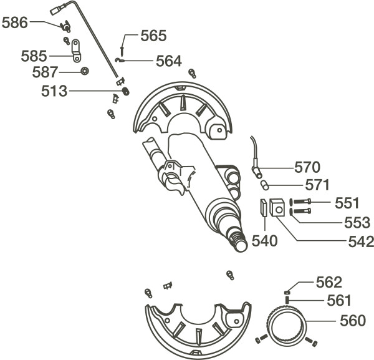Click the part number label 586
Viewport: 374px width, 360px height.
click(x=15, y=24)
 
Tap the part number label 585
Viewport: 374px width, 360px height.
click(x=34, y=56)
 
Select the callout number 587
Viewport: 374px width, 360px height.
click(x=45, y=72)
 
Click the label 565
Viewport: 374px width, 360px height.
click(x=153, y=36)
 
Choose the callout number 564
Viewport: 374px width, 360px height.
click(x=168, y=61)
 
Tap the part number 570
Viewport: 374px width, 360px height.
click(x=307, y=167)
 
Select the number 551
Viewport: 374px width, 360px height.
click(x=347, y=203)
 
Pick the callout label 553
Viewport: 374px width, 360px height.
click(x=357, y=222)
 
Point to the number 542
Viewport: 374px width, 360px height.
click(x=361, y=241)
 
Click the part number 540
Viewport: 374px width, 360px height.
click(x=264, y=241)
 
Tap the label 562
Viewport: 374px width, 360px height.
click(x=328, y=282)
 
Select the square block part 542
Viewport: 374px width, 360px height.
click(x=277, y=208)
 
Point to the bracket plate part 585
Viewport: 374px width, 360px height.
click(x=75, y=50)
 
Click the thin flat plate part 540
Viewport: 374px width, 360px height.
click(x=263, y=208)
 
